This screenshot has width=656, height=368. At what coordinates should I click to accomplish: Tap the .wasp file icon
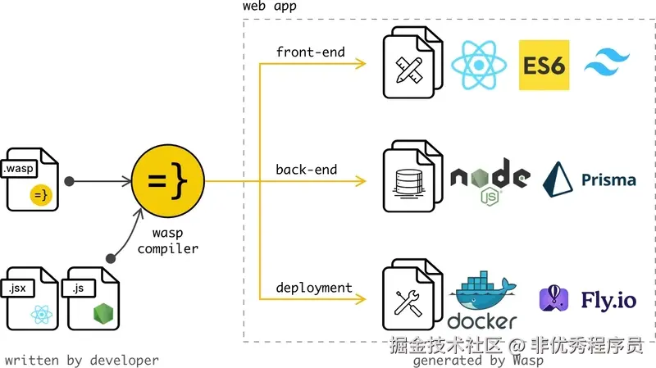31,180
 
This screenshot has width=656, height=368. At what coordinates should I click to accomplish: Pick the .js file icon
93,298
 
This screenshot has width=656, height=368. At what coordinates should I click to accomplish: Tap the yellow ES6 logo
544,66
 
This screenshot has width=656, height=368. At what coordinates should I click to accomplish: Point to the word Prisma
608,179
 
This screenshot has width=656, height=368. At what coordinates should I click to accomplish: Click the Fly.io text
608,300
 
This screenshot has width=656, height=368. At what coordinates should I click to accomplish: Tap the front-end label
310,52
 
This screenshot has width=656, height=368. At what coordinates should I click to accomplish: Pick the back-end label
307,170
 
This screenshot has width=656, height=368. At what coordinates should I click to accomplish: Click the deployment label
313,288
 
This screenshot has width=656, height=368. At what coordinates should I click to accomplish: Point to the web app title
270,7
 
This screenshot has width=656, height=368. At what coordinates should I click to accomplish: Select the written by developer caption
81,360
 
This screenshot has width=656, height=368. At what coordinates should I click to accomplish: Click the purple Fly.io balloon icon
554,299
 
